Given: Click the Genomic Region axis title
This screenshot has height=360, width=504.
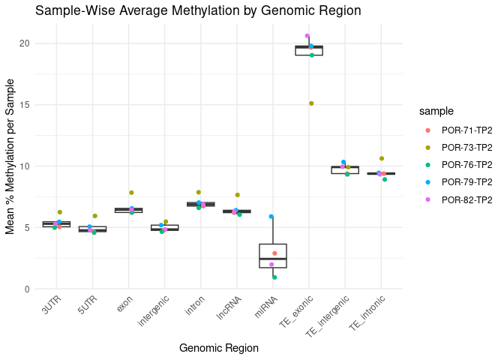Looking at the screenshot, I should click(219, 348).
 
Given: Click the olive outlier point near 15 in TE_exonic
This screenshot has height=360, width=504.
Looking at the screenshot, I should click(311, 103).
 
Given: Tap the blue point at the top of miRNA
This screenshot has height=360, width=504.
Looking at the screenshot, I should click(271, 217).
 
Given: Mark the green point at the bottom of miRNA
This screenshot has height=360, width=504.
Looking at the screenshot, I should click(274, 277).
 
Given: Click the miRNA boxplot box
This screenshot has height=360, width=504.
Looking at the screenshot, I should click(273, 256).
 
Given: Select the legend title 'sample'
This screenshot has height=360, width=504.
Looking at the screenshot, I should click(436, 111).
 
